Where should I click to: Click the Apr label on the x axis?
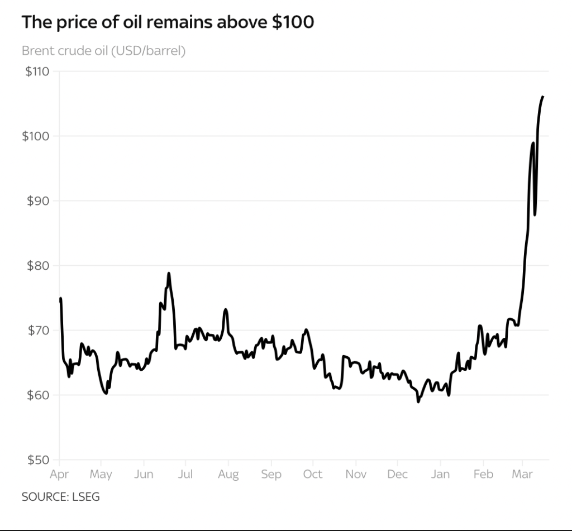click(59, 475)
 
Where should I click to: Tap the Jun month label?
click(144, 475)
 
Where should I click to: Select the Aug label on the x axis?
click(228, 475)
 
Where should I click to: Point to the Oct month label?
click(313, 475)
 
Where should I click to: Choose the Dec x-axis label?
click(397, 475)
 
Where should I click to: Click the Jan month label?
click(440, 475)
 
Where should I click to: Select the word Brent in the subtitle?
click(37, 51)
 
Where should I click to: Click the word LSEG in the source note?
click(86, 496)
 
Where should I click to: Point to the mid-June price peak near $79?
click(168, 273)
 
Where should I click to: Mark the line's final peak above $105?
click(543, 97)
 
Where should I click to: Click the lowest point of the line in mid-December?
click(418, 401)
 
